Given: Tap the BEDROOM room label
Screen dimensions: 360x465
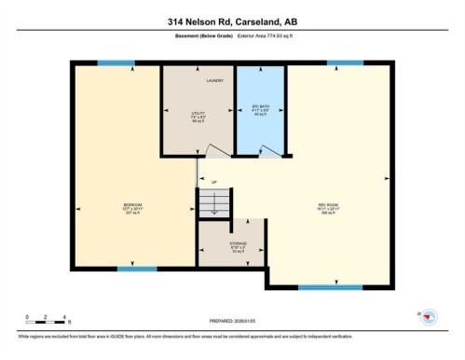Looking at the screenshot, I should pyautogui.click(x=133, y=206).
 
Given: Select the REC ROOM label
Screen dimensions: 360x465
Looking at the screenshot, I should pyautogui.click(x=328, y=206).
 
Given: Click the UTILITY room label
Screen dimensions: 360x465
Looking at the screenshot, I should pyautogui.click(x=198, y=116).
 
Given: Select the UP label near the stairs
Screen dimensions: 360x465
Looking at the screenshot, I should pyautogui.click(x=214, y=182).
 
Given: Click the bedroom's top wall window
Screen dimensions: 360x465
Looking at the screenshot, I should pyautogui.click(x=116, y=63).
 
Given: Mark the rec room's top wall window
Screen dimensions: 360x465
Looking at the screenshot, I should pyautogui.click(x=345, y=63).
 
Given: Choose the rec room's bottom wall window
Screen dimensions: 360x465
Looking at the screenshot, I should pyautogui.click(x=330, y=287).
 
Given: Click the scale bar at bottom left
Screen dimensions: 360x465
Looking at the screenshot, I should pyautogui.click(x=45, y=322).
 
